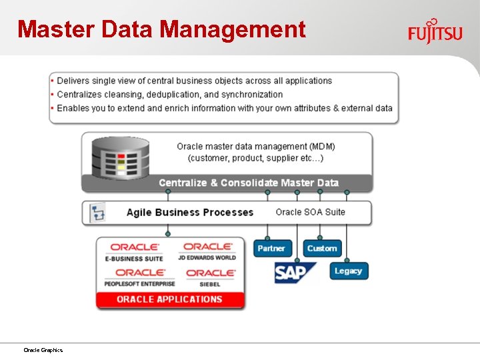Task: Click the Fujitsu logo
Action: click(435, 31)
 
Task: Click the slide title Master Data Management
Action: click(161, 29)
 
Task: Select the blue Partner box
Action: click(271, 248)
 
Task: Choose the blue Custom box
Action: click(322, 248)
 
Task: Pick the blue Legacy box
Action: click(348, 271)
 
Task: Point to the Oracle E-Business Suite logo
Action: click(135, 252)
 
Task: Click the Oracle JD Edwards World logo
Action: click(207, 252)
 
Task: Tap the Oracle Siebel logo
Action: click(210, 277)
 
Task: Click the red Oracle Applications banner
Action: click(169, 299)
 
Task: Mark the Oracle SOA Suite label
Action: click(310, 212)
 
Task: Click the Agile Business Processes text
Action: click(190, 213)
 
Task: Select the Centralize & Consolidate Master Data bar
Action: click(248, 183)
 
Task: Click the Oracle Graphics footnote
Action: click(43, 350)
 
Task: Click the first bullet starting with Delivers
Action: click(194, 81)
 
